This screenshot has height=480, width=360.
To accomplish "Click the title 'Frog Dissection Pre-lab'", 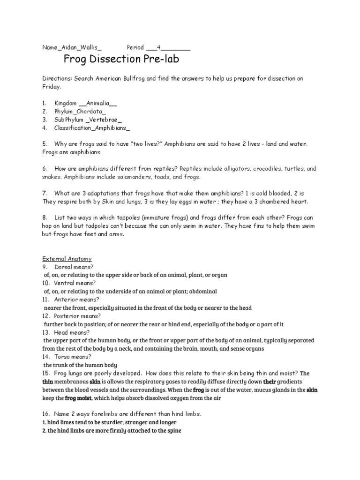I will tap(121, 60).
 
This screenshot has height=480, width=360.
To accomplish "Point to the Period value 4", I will tap(158, 47).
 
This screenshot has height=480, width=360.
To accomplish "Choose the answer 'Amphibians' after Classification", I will tap(111, 127).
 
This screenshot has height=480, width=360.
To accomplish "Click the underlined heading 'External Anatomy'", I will tap(67, 258).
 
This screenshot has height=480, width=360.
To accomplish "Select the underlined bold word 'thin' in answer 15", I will tap(48, 381).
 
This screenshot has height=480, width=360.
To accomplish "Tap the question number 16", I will tap(46, 413).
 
